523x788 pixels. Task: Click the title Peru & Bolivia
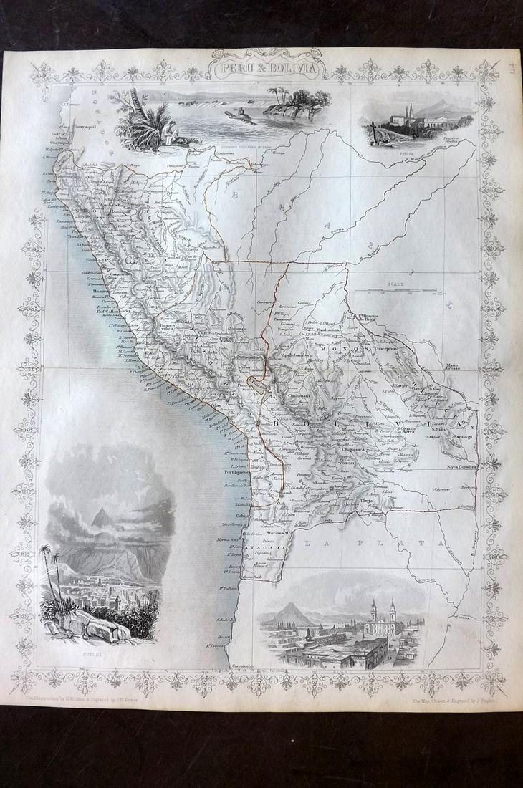pos(267,70)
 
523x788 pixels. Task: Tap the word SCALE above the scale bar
pos(395,284)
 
